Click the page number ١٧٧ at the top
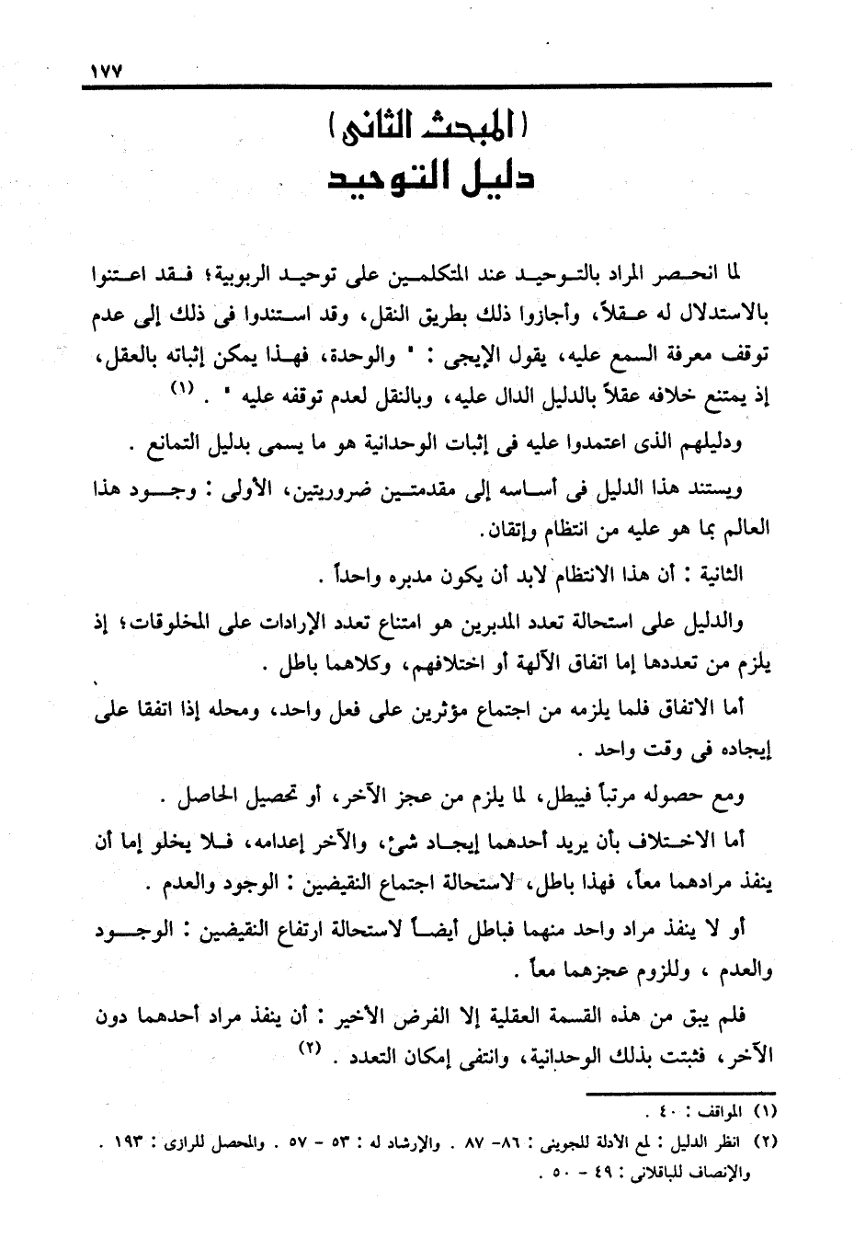[x=108, y=70]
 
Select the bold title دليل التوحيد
[x=432, y=178]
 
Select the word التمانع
[x=179, y=445]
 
